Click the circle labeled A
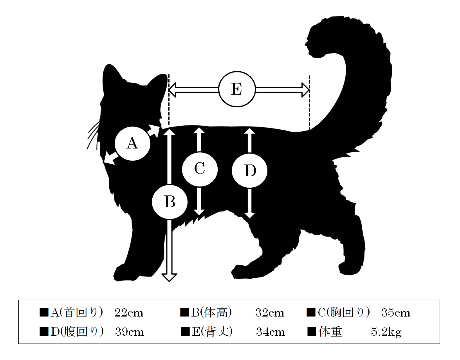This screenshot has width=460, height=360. coord(132,144)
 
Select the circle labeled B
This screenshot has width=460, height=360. coord(170,202)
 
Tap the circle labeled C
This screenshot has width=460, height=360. coord(200,169)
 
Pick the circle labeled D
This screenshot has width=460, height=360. coord(249,170)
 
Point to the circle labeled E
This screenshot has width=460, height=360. coord(237,89)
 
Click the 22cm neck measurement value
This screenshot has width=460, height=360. coord(129,313)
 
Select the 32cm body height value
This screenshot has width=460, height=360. coord(270,313)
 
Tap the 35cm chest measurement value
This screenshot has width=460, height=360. coord(396,313)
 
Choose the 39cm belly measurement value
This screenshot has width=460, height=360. coord(129,332)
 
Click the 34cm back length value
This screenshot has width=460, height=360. coord(270,332)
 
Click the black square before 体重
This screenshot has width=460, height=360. coord(312,331)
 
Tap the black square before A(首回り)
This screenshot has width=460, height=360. coord(44,312)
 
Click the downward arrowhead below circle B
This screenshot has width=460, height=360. coord(169,277)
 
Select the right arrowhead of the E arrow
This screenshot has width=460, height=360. coord(305,90)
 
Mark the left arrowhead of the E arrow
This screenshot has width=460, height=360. coord(173,90)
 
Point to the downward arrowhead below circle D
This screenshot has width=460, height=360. coord(249,215)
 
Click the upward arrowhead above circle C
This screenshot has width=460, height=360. coord(199,130)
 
